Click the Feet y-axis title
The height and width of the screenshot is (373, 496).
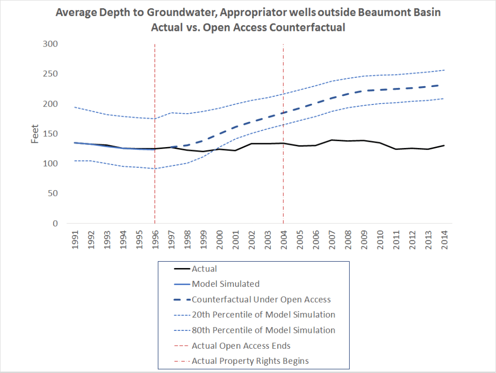(35, 134)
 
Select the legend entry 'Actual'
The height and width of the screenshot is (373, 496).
(204, 269)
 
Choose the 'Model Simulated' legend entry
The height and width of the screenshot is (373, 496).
(225, 284)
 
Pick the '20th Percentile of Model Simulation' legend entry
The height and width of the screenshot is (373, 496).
(263, 314)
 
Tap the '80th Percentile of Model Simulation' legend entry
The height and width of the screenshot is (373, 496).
(263, 330)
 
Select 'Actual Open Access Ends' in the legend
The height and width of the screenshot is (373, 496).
(241, 345)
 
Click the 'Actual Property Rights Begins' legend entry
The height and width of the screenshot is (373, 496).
(250, 360)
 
